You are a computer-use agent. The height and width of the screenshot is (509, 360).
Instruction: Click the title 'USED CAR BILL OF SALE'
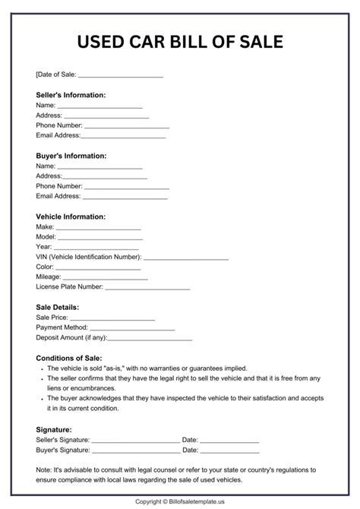[x=179, y=41]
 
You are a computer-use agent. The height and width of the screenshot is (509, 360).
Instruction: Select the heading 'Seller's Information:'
[x=71, y=95]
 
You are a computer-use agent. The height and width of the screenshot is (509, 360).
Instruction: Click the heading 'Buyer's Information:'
[x=70, y=155]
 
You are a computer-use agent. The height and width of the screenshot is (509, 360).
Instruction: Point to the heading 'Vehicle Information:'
[x=71, y=216]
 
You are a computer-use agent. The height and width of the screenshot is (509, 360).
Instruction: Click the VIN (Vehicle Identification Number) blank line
[x=185, y=258]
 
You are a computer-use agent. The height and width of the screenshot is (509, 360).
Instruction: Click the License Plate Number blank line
[x=147, y=288]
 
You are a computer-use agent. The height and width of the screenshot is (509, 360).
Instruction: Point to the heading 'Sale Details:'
[x=57, y=307]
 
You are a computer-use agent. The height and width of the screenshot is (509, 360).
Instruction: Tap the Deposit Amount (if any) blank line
[x=150, y=337]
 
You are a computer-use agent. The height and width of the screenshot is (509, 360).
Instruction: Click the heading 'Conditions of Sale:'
[x=68, y=357]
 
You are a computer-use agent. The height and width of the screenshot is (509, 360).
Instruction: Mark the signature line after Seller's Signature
[x=135, y=441]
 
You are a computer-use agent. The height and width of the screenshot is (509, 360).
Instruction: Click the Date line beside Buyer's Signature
[x=229, y=451]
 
